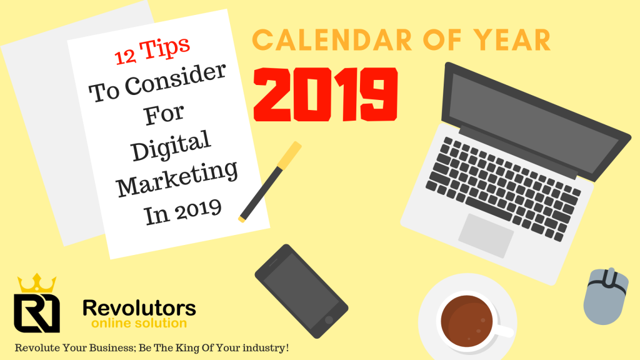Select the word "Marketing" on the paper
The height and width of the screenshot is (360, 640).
tap(178, 177)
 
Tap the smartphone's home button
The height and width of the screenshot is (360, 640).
tap(329, 319)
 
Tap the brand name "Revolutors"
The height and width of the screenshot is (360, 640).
tap(139, 308)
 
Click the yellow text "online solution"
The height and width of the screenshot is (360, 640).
tap(139, 323)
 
